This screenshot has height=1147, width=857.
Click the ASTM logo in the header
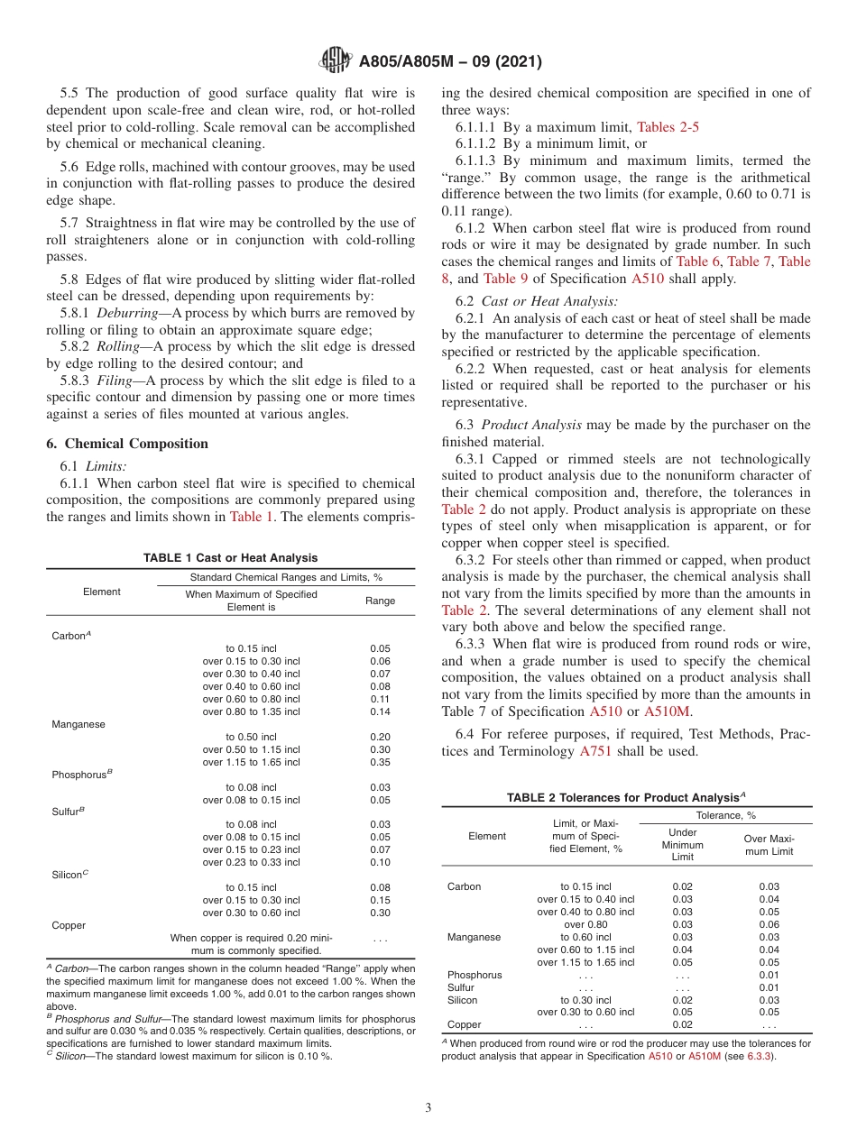pyautogui.click(x=336, y=62)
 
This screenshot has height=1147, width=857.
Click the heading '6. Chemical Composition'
pyautogui.click(x=127, y=444)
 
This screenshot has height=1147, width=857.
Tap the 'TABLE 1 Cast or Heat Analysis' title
pyautogui.click(x=230, y=558)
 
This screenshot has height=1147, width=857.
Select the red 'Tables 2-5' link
pyautogui.click(x=668, y=127)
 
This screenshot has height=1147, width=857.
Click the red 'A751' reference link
pyautogui.click(x=595, y=751)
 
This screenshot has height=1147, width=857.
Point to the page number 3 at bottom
pyautogui.click(x=428, y=1107)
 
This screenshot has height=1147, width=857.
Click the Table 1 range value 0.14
pyautogui.click(x=380, y=711)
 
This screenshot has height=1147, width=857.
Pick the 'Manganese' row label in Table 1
pyautogui.click(x=78, y=724)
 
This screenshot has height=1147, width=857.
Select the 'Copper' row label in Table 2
pyautogui.click(x=464, y=1024)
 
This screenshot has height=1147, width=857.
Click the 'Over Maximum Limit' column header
pyautogui.click(x=769, y=845)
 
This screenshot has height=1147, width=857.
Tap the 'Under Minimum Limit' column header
pyautogui.click(x=682, y=845)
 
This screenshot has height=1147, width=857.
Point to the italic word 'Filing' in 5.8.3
pyautogui.click(x=113, y=380)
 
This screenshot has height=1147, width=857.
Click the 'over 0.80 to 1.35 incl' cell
pyautogui.click(x=252, y=711)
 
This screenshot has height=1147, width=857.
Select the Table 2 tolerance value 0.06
pyautogui.click(x=769, y=924)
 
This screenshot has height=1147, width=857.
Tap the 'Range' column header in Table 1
pyautogui.click(x=380, y=600)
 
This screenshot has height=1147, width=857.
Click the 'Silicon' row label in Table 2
pyautogui.click(x=462, y=1000)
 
